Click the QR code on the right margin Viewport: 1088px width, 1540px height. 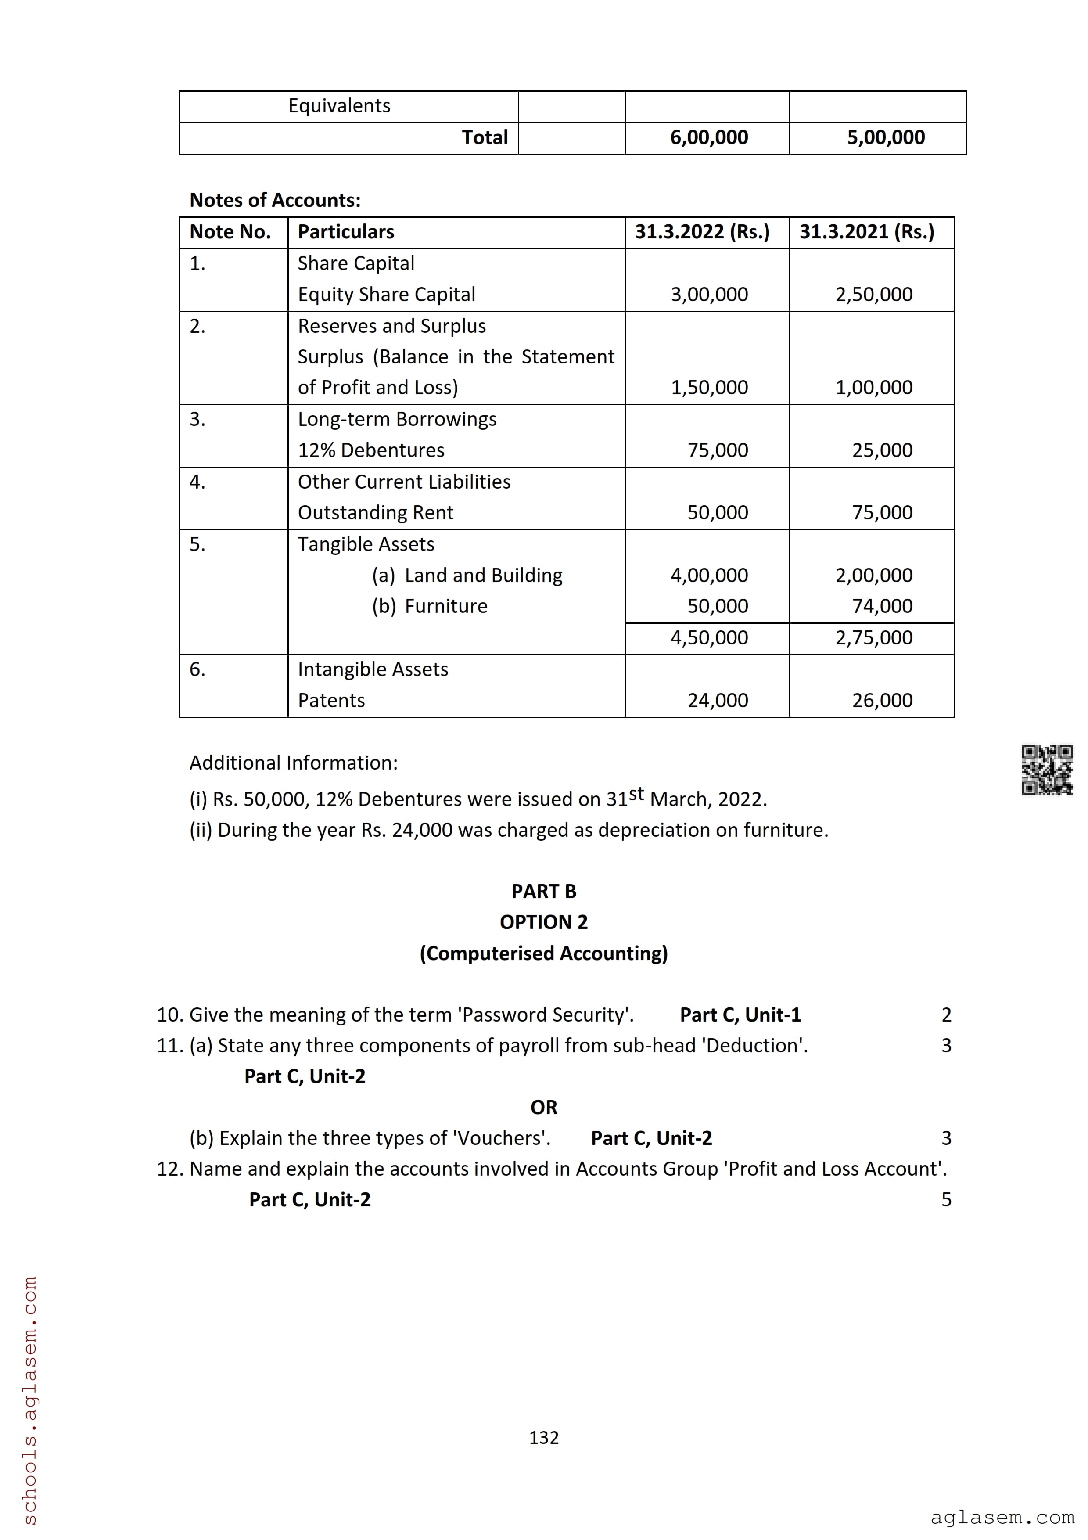(x=1046, y=770)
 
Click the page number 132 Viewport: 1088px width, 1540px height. (x=544, y=1437)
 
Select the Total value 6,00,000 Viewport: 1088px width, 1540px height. (x=708, y=137)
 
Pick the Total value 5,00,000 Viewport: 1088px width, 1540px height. (x=886, y=137)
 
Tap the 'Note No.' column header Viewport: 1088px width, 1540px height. (x=230, y=232)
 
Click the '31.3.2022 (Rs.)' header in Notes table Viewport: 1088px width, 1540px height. (x=702, y=232)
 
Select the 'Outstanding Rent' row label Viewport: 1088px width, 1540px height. (x=375, y=512)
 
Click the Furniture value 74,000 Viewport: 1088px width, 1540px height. (x=882, y=606)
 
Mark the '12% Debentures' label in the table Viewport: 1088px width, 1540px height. (x=371, y=450)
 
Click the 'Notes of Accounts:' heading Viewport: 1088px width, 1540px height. (x=275, y=200)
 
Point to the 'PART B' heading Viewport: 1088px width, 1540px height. (x=544, y=892)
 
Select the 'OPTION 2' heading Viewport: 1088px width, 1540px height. (x=544, y=922)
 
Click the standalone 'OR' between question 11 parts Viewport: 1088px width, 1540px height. (x=544, y=1108)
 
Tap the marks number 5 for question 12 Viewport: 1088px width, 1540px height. (x=946, y=1200)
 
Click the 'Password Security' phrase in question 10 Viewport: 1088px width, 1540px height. (x=545, y=1015)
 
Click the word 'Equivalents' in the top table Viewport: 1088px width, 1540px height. (x=339, y=106)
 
